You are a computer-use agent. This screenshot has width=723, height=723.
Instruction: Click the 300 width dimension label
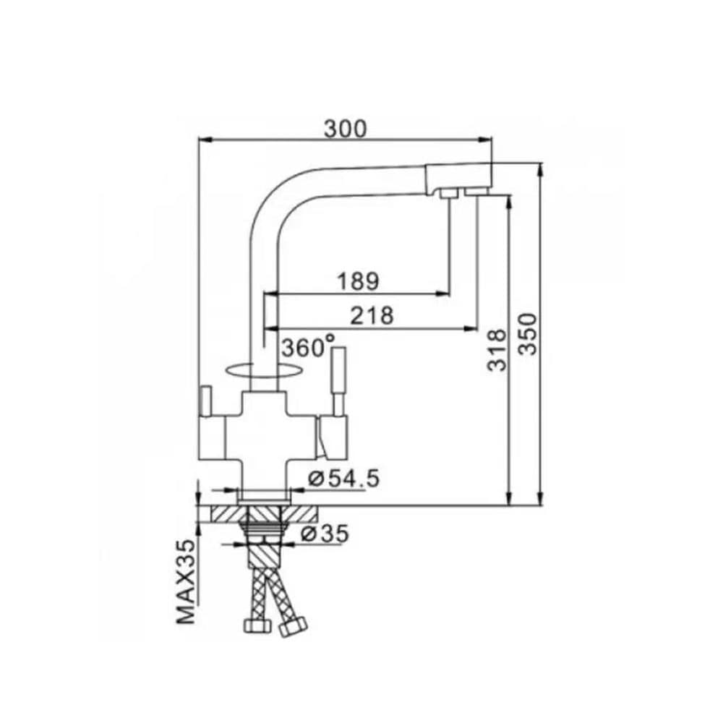(346, 129)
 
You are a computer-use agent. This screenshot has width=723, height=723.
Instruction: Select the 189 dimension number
(359, 281)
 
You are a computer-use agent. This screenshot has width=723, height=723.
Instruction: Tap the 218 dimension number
(372, 315)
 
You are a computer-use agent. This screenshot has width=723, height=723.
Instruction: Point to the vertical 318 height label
(497, 350)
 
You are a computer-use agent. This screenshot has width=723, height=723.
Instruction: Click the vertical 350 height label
(528, 334)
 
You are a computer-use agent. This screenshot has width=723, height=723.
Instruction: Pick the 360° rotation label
(309, 347)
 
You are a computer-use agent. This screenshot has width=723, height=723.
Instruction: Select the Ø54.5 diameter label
(344, 478)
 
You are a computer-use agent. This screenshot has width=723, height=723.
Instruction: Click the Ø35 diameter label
(325, 534)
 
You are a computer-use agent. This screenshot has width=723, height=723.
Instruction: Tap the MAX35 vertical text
(186, 581)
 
